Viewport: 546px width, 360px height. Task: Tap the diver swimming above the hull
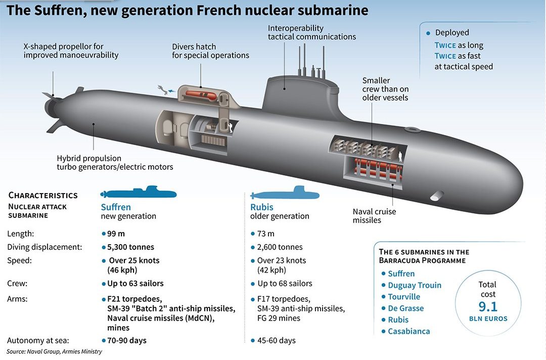pos(162,89)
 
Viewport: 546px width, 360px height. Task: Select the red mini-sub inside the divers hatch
pos(201,95)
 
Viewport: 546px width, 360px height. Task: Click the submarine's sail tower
pos(300,94)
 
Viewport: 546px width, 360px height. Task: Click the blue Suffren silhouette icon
pos(138,192)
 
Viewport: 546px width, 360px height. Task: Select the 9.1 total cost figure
pos(488,306)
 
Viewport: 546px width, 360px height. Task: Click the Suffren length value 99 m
pos(116,234)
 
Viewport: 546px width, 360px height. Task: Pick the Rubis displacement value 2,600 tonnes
pos(280,247)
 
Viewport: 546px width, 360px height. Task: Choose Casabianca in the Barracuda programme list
pos(409,331)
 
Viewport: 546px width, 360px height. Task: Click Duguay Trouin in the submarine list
pos(415,286)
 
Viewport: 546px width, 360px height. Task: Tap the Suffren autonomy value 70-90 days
pos(127,340)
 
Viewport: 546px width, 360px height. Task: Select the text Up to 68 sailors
pos(285,284)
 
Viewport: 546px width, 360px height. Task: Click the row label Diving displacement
pos(44,247)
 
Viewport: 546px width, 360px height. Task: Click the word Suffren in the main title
pos(61,10)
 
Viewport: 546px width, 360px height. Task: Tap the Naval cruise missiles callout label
pos(374,216)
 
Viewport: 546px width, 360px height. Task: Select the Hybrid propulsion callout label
pos(115,163)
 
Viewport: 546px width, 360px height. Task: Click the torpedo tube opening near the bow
pos(437,196)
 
